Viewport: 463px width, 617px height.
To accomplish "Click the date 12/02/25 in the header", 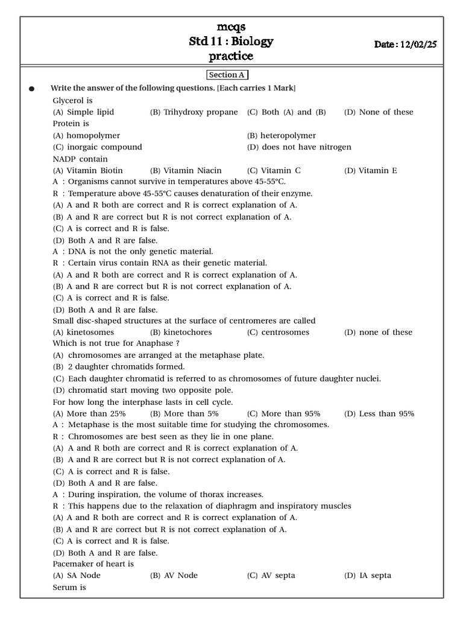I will tap(415, 45).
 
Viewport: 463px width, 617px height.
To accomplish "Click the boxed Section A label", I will tap(227, 75).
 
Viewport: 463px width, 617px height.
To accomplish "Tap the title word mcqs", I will tap(231, 27).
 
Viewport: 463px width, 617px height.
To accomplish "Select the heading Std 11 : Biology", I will tap(231, 42).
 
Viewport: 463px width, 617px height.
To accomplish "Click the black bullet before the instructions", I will tap(32, 89).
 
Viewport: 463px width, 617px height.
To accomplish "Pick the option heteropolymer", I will tap(282, 136).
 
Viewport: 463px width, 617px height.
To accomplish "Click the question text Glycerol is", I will tap(72, 101).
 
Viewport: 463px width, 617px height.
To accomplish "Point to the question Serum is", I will tap(69, 587).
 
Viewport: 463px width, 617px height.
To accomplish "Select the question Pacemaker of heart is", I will tap(93, 564).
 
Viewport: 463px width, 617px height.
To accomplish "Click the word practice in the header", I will tap(231, 57).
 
